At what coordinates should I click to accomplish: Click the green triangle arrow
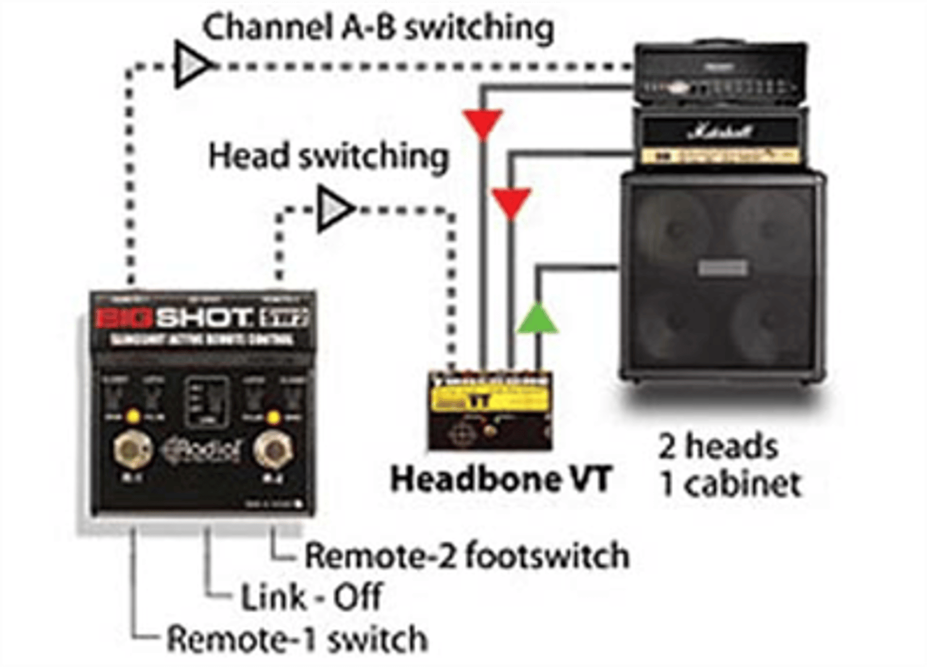pyautogui.click(x=537, y=319)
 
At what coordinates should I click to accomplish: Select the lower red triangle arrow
pyautogui.click(x=510, y=203)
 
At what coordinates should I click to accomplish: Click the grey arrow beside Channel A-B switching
pyautogui.click(x=192, y=64)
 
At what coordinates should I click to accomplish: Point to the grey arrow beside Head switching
pyautogui.click(x=334, y=210)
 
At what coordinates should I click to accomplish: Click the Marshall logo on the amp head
pyautogui.click(x=720, y=132)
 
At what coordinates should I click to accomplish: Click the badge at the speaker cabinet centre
pyautogui.click(x=722, y=268)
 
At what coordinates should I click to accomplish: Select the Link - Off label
pyautogui.click(x=311, y=597)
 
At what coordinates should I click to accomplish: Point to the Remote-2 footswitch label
pyautogui.click(x=467, y=555)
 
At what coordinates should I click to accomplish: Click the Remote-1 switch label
pyautogui.click(x=297, y=639)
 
